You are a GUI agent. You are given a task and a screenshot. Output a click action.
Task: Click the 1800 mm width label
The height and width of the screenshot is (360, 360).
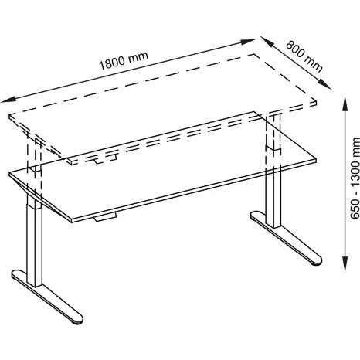click(124, 61)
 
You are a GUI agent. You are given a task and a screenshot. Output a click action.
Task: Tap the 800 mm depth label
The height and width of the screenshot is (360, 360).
click(304, 56)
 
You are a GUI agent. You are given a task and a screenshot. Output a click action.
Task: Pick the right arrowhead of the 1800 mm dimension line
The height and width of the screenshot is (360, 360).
click(247, 41)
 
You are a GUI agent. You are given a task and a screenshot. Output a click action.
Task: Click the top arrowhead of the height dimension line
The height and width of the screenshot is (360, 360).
click(345, 104)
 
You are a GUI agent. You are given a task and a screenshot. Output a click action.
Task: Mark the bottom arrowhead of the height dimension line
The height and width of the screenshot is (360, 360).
click(345, 263)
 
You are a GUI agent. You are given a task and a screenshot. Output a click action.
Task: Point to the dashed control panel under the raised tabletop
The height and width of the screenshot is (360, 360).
click(105, 159)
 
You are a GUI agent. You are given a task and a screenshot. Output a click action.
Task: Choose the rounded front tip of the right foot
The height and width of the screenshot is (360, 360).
click(317, 261)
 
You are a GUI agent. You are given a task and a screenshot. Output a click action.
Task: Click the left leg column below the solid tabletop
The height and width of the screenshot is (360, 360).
click(34, 239)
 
